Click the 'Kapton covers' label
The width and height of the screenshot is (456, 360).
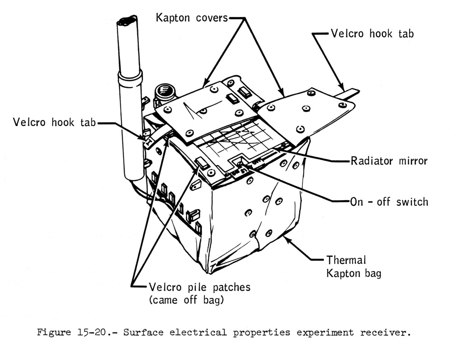pos(192,18)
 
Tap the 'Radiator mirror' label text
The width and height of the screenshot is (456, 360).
pos(389,161)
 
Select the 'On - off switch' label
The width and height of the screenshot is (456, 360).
pos(389,201)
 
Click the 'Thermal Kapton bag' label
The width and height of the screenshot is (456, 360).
pos(353,266)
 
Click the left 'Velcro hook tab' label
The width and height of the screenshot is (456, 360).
pos(54,122)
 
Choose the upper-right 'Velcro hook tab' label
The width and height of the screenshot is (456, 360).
pos(372,33)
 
